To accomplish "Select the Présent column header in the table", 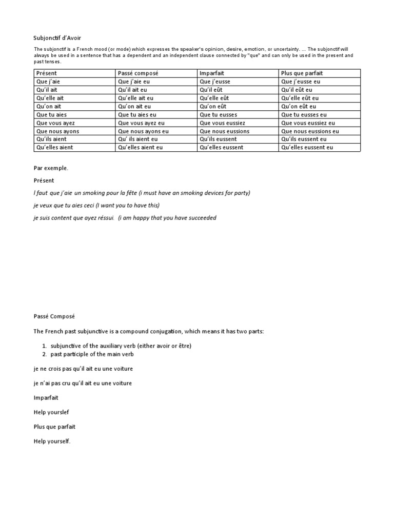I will pos(47,73).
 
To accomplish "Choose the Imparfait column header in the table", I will pos(213,73).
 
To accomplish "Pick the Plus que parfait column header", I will pos(302,73).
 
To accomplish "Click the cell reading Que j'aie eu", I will pos(134,82).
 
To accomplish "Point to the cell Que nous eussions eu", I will pos(310,131).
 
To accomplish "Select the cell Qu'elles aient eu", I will pos(140,148).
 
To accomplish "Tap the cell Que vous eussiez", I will pos(222,123).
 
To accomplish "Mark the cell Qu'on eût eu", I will pos(300,107).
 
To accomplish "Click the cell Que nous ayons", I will pos(57,131).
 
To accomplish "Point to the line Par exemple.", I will pos(51,168).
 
